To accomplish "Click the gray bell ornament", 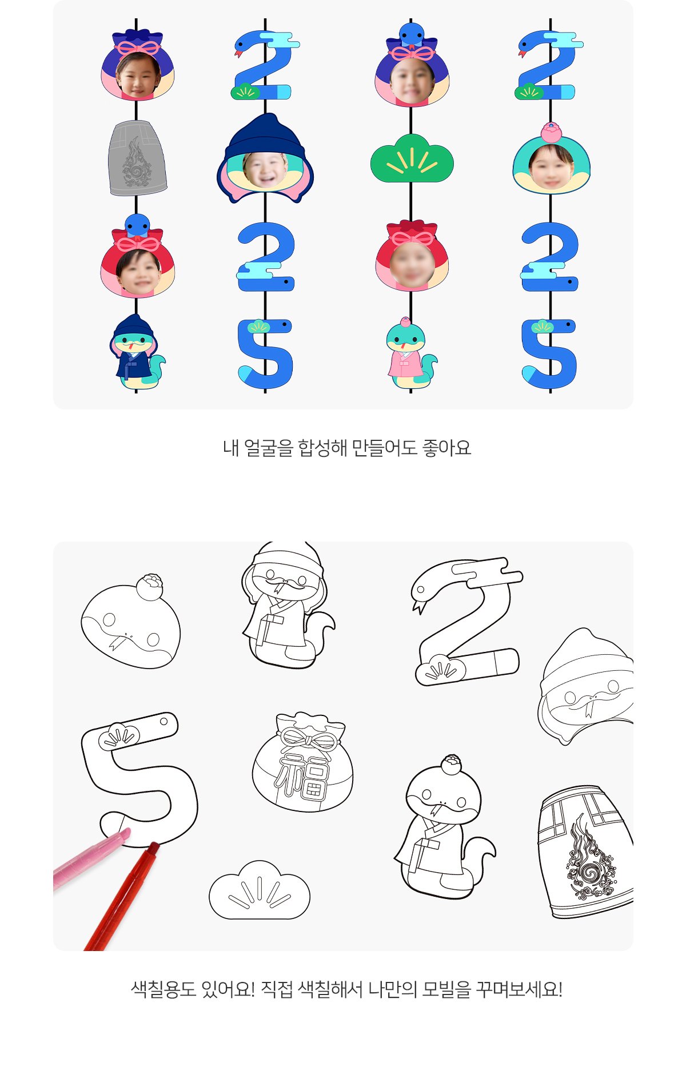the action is tap(137, 158).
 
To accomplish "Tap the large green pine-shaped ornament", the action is tap(412, 158).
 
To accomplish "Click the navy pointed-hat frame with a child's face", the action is tap(265, 158).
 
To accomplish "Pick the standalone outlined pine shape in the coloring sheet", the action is tap(260, 890).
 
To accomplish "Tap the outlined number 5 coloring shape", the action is tap(140, 778).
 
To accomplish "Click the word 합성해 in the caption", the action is tap(323, 448).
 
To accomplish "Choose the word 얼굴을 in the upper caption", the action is tap(269, 448).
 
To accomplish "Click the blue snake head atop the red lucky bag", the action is tap(137, 225).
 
